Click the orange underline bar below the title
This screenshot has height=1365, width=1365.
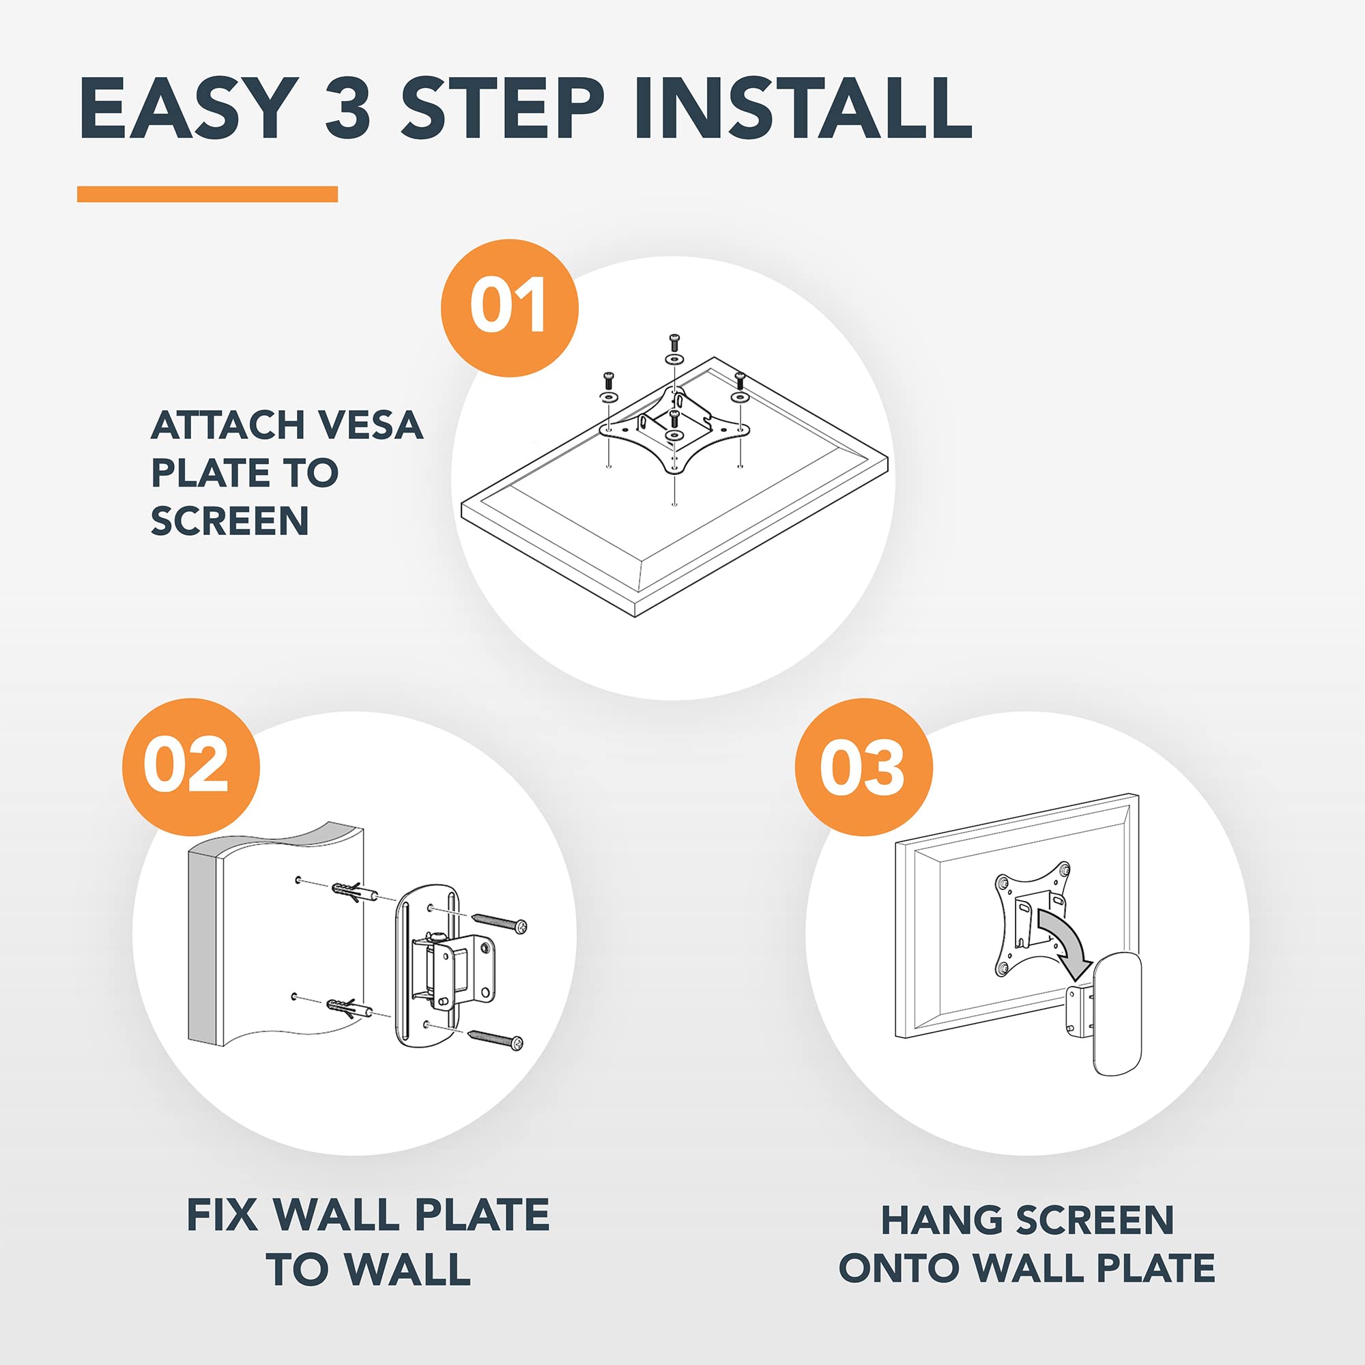point(207,194)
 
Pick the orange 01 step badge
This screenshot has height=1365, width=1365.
point(509,307)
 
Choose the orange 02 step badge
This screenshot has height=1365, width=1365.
point(191,767)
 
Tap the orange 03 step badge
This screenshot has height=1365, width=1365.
point(863,767)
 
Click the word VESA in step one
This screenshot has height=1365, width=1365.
point(369,425)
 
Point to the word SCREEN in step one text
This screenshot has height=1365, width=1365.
point(229,521)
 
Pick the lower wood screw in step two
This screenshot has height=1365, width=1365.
point(496,1038)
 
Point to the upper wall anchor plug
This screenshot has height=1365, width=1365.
point(354,889)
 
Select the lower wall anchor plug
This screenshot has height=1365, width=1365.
point(350,1007)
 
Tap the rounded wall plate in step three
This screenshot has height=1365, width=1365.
point(1117,1015)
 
